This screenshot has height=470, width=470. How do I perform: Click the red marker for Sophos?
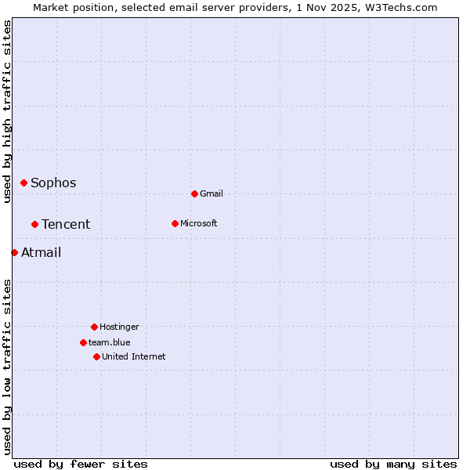[23, 183]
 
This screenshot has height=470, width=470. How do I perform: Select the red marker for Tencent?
[34, 224]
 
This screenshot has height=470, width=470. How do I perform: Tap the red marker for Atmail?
[14, 252]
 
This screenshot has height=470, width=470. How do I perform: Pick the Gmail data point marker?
[194, 193]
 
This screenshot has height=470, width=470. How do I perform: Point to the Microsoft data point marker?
[175, 223]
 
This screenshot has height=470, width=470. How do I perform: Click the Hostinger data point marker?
[94, 327]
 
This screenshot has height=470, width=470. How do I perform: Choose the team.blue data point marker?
[83, 342]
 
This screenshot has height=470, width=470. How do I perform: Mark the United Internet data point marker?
[96, 356]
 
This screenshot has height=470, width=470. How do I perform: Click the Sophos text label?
[53, 183]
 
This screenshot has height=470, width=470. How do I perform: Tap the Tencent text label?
[66, 225]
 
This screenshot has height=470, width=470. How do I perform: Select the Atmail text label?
[41, 253]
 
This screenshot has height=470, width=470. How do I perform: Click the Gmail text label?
[211, 194]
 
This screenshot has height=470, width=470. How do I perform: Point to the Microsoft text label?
[199, 224]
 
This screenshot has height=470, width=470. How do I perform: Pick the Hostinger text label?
[119, 327]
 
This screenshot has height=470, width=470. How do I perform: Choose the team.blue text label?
[110, 343]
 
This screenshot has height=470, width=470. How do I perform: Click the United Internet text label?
[134, 357]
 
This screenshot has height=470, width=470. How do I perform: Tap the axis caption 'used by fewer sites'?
[81, 464]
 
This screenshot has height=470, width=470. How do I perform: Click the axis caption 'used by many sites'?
[393, 464]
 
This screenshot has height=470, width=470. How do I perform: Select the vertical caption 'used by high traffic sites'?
[7, 111]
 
